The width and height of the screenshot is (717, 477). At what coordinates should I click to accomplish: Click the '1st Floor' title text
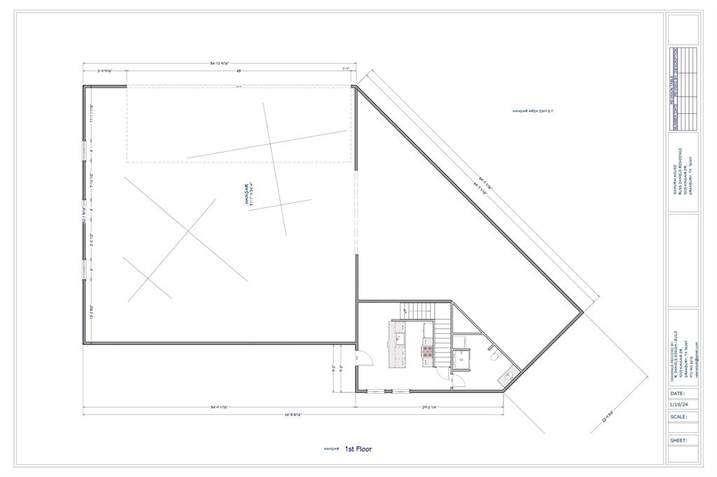point(358,448)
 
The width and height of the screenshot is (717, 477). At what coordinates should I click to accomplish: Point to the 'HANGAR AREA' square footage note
point(533,111)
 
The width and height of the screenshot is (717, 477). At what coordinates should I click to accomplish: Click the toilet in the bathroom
point(495,356)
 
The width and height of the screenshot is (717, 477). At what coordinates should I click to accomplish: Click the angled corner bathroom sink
point(508,376)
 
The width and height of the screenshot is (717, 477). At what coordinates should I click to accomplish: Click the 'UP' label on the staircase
point(405,311)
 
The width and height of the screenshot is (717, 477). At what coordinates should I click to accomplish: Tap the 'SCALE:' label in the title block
point(678,417)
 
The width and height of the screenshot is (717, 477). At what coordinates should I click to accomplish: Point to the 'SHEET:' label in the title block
point(678,441)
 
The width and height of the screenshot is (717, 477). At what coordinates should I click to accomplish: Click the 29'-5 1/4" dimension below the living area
point(429,407)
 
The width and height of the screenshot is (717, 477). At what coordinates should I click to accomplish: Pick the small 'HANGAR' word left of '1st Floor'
point(331,449)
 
